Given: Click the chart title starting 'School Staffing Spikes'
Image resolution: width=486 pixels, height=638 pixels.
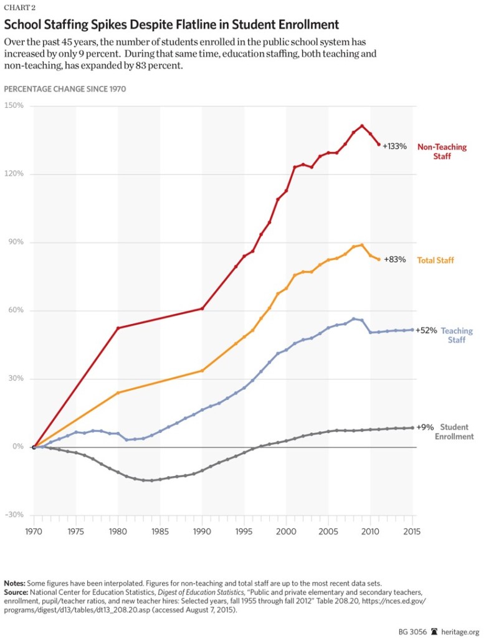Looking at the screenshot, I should [x=171, y=25].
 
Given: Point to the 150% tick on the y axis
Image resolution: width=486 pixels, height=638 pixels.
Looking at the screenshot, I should [x=14, y=106].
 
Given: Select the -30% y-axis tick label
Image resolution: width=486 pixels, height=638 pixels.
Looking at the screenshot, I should [x=13, y=515].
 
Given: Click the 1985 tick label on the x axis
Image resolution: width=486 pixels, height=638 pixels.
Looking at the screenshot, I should [x=160, y=532].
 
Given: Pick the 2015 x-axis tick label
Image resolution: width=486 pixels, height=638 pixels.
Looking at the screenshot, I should [x=412, y=532].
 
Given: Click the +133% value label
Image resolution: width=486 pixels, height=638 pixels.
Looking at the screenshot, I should [x=394, y=146].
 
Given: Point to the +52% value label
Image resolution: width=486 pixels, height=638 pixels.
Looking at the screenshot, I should [x=426, y=331].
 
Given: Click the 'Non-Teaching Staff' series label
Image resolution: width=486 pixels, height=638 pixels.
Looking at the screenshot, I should [x=442, y=151].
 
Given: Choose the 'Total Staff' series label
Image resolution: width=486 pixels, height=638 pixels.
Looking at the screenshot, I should [x=436, y=259].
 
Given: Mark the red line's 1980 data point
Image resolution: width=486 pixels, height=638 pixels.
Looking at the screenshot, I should [x=118, y=328].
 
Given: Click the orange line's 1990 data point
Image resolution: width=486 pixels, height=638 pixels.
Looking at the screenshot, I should [x=202, y=371].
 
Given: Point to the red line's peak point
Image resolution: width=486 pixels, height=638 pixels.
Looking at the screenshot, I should [x=362, y=126].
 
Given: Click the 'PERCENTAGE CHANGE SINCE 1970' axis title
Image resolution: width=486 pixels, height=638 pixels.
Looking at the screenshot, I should [x=65, y=89].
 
